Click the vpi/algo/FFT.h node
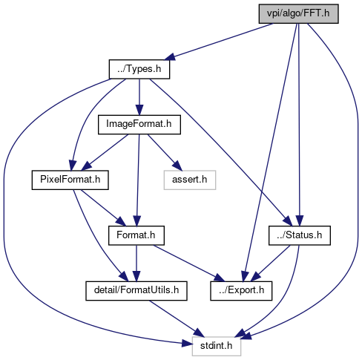298,13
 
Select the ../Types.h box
139,69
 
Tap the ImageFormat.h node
139,125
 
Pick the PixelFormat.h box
70,180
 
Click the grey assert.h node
190,180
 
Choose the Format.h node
136,235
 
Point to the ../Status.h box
300,235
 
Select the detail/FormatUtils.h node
136,291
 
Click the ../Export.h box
241,291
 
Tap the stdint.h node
217,346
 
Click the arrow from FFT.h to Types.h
219,42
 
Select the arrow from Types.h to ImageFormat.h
139,97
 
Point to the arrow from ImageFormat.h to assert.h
165,152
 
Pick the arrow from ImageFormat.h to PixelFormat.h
105,152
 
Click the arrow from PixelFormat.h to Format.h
103,208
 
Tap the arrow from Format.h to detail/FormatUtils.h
136,263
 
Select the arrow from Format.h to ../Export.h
189,264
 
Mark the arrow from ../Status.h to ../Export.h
270,264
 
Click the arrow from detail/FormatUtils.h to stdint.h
177,318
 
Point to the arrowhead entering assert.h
177,166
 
